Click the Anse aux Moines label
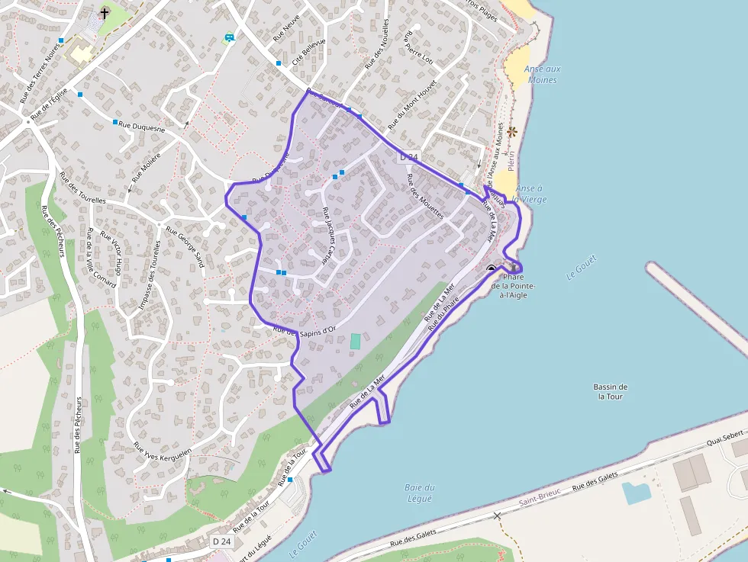pyautogui.click(x=542, y=74)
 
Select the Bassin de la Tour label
pyautogui.click(x=611, y=391)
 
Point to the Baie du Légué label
pyautogui.click(x=420, y=493)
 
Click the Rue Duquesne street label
pyautogui.click(x=142, y=125)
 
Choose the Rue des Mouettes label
pyautogui.click(x=425, y=197)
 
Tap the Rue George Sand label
pyautogui.click(x=185, y=248)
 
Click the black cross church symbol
pyautogui.click(x=105, y=14)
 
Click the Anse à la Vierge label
pyautogui.click(x=530, y=194)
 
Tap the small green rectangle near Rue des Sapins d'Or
pyautogui.click(x=355, y=342)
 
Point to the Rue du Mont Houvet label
pyautogui.click(x=412, y=104)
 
